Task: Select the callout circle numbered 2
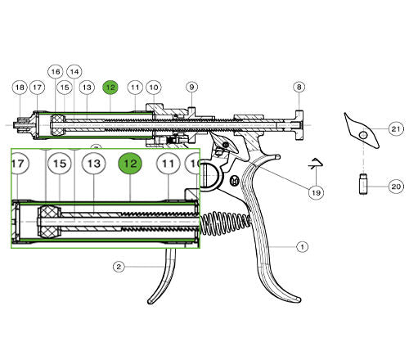pos(119,266)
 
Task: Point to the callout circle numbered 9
pos(191,87)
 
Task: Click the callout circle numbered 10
pos(154,87)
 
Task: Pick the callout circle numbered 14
pos(74,71)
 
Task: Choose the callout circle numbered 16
pos(56,71)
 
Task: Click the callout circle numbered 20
pos(395,187)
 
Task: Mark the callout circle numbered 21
pos(395,129)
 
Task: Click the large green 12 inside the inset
pos(130,164)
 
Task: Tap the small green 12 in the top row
pos(110,87)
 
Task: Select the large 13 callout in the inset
pos(93,164)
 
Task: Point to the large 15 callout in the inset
pos(59,164)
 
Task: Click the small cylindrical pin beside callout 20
pos(362,184)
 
